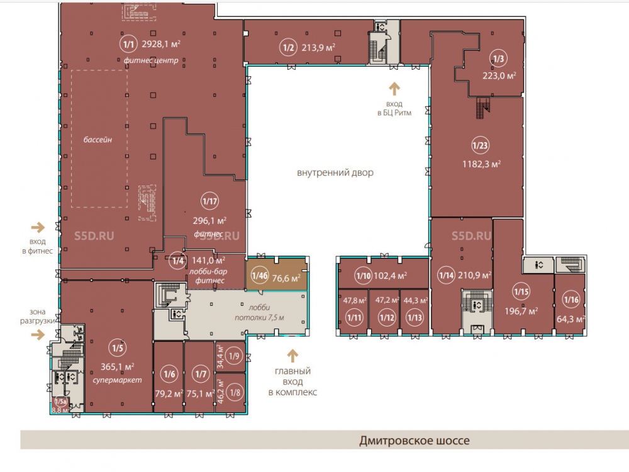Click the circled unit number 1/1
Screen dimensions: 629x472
128,44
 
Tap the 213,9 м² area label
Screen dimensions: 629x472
318,48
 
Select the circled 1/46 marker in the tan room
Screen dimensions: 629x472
260,276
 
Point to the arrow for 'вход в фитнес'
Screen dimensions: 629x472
38,228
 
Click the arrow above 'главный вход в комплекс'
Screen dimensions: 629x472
292,356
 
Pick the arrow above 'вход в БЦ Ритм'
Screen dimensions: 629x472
394,89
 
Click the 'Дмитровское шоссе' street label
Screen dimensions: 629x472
415,441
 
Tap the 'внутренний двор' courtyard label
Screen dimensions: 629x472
335,172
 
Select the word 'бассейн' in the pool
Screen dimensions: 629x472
97,140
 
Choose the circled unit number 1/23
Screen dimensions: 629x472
480,145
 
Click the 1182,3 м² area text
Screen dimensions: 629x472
481,164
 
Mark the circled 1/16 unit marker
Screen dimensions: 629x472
571,300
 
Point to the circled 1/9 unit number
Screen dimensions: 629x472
234,356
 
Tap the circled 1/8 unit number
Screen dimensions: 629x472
235,392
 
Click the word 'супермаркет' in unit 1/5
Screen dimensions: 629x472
117,379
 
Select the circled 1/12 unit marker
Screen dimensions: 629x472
387,318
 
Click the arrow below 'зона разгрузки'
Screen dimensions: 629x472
38,334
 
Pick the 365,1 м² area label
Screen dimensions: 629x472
117,366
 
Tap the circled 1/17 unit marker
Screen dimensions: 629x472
210,201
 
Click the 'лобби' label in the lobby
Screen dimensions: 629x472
259,308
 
